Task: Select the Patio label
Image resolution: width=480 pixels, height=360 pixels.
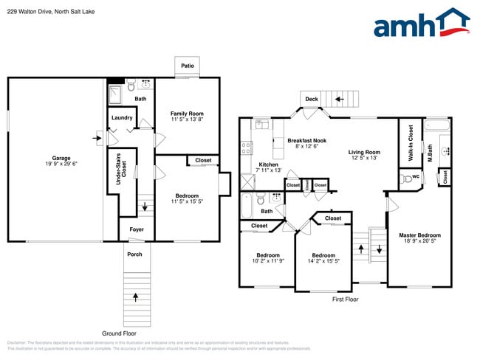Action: point(188,66)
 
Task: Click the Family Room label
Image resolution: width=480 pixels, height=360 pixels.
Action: point(187,113)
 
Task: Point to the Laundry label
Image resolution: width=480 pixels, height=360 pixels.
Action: point(122,118)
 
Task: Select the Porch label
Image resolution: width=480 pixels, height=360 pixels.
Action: point(135,255)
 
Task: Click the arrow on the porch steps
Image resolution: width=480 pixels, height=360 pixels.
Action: point(135,297)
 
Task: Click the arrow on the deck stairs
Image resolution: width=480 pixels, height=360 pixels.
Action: point(340,98)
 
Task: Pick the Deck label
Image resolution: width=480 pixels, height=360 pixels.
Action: point(312,99)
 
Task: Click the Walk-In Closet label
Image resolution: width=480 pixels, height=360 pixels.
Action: point(410,145)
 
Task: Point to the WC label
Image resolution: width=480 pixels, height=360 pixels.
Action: point(415,177)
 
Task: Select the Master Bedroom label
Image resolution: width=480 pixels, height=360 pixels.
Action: point(419,235)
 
